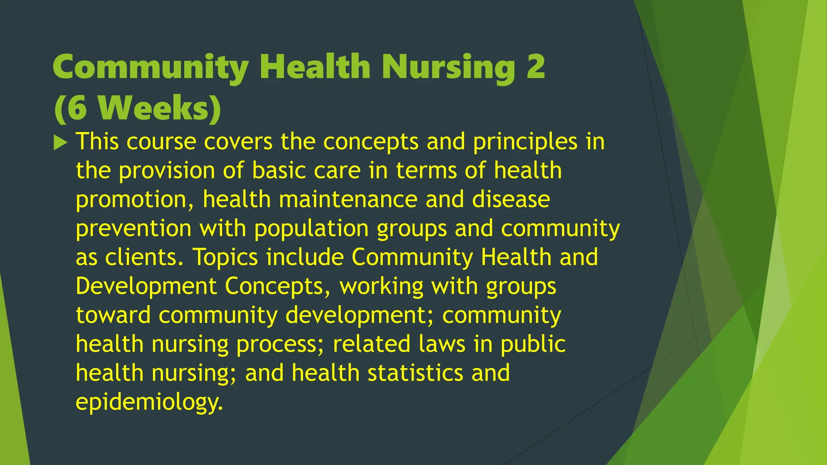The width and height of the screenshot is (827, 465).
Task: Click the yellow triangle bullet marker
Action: (60, 142)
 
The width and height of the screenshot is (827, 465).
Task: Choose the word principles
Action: (525, 142)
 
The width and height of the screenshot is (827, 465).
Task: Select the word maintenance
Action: (348, 199)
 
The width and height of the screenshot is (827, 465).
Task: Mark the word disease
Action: (511, 199)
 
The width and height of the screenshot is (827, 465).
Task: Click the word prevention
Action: (133, 228)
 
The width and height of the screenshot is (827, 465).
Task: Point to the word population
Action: (311, 229)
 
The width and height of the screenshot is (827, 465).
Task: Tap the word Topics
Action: (225, 258)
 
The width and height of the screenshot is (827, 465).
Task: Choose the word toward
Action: (113, 315)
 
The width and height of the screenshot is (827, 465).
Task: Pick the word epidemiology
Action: (149, 402)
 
